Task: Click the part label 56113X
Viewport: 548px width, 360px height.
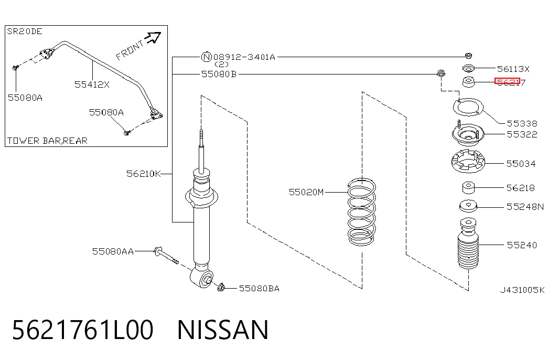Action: (x=513, y=69)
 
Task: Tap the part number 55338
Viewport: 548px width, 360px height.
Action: (x=522, y=123)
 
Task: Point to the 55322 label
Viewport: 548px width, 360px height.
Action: (x=522, y=134)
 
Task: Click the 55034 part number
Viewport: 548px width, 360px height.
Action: (x=521, y=164)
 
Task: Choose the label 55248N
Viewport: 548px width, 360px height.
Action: (x=525, y=207)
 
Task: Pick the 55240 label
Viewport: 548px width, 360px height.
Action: (x=522, y=245)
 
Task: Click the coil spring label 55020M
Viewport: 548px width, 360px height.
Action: (x=306, y=192)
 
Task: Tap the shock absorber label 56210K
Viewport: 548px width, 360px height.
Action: (x=143, y=174)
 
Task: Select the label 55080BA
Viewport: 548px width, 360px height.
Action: (x=259, y=289)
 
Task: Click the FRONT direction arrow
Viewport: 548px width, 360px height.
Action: (x=153, y=37)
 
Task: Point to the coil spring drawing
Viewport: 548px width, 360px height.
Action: (x=362, y=211)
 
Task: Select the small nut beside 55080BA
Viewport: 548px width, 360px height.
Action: (x=221, y=288)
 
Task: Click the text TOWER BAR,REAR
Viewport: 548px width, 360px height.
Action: (x=47, y=141)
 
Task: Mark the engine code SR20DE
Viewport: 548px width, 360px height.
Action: (x=25, y=31)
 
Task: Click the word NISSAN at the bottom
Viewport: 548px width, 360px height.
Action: (x=223, y=330)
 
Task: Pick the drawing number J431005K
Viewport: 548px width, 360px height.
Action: (x=522, y=290)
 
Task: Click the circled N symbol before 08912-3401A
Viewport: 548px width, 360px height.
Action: (x=207, y=57)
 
